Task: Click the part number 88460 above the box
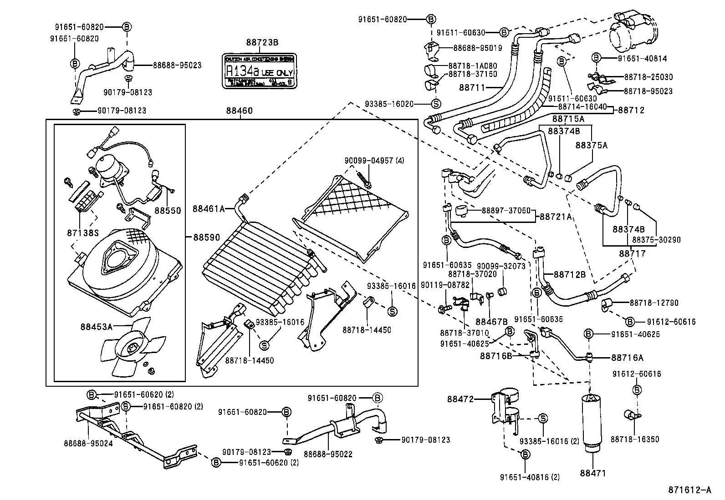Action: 239,111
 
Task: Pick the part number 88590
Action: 207,237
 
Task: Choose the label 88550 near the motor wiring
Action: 168,211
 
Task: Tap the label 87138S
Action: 83,232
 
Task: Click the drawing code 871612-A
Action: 689,490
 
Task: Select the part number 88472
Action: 460,399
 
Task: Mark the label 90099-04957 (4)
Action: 374,160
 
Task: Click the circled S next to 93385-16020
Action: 435,104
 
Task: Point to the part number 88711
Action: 472,87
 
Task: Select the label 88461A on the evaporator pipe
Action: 209,209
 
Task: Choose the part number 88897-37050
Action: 500,210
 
